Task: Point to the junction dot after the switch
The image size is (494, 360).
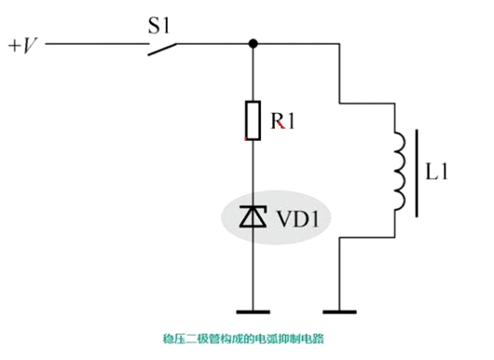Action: pyautogui.click(x=254, y=43)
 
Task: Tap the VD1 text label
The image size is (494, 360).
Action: pyautogui.click(x=300, y=218)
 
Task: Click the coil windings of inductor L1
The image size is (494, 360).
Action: pyautogui.click(x=402, y=172)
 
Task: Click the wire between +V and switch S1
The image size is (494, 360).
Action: pyautogui.click(x=93, y=43)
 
